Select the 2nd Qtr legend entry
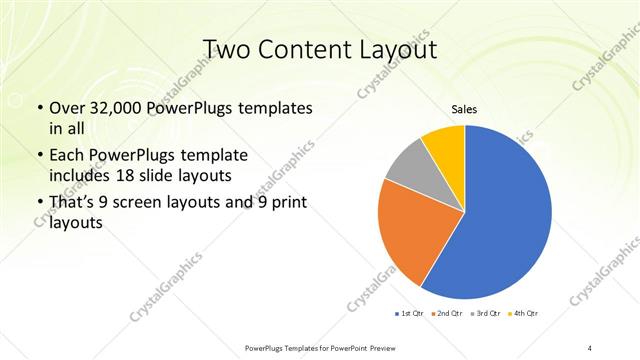pos(447,314)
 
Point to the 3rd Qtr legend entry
pos(486,314)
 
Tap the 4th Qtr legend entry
pos(524,314)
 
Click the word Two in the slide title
pos(229,51)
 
